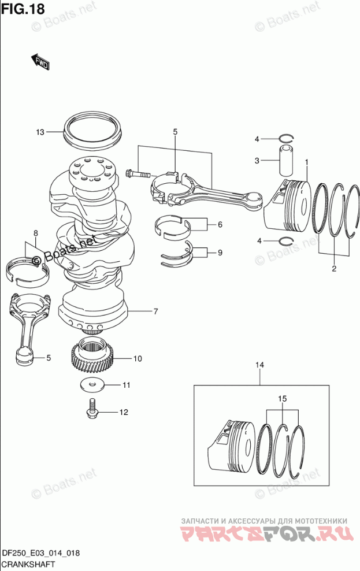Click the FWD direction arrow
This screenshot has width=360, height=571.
point(40,62)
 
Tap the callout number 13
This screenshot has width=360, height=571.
point(40,132)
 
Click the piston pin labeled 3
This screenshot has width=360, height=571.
point(287,161)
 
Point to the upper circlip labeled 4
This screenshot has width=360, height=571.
point(286,138)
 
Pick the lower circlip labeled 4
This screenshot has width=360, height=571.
point(286,240)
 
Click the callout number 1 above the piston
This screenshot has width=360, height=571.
point(306,162)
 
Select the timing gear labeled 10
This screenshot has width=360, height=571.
point(92,358)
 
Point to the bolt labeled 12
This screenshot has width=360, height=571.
point(92,408)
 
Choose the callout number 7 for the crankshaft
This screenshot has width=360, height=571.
point(155,312)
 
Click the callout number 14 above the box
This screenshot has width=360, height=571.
point(260,365)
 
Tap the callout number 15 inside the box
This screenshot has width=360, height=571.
point(283,399)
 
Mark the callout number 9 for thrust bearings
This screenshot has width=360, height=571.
point(220,253)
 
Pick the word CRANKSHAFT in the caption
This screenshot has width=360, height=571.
point(28,564)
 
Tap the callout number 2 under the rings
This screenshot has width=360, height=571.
point(334,269)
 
